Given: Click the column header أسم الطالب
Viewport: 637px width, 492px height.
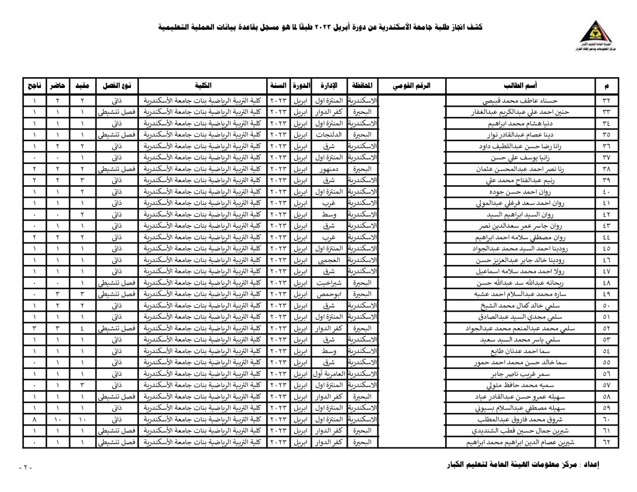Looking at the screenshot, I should [520, 86].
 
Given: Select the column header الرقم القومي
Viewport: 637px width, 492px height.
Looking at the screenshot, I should [412, 86].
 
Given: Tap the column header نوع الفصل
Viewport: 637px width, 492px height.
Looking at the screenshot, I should [117, 86].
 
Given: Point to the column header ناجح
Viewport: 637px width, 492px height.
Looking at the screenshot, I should [34, 86].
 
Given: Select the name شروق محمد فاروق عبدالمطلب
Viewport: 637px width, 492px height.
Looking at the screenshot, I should [520, 420].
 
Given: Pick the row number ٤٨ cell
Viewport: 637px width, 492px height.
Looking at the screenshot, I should [606, 283].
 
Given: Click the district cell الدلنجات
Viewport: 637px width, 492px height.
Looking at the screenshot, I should [329, 135].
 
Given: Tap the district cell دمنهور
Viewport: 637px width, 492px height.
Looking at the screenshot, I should [329, 169].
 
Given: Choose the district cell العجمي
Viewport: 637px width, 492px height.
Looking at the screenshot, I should [329, 260].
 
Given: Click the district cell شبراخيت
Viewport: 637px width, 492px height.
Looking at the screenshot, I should [329, 283].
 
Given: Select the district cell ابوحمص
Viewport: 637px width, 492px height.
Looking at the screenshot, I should [329, 295].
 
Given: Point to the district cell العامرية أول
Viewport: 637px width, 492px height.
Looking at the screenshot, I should [329, 374].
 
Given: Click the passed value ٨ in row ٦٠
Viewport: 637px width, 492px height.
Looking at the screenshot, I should [34, 420].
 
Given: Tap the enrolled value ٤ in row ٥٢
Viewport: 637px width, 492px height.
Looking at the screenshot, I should [82, 329].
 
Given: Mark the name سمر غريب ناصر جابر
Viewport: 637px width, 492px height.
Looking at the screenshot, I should [520, 374].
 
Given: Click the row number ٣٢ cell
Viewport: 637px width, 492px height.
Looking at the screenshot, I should [606, 101].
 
